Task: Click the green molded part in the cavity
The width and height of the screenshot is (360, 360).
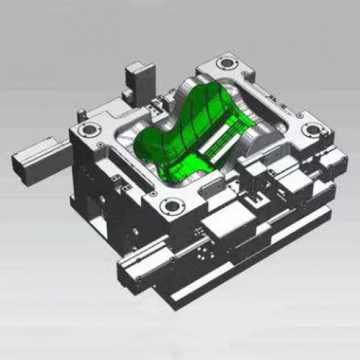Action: tap(180, 132)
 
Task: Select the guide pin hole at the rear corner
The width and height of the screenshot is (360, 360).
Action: tap(226, 62)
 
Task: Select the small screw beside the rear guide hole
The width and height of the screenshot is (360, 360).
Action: tap(239, 67)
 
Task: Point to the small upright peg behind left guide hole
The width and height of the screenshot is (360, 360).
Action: tap(81, 113)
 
